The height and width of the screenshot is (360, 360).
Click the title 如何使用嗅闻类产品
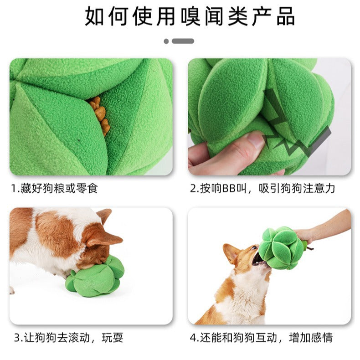pyautogui.click(x=190, y=17)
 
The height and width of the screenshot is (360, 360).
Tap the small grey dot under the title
pyautogui.click(x=166, y=41)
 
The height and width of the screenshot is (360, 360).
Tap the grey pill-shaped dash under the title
pyautogui.click(x=183, y=41)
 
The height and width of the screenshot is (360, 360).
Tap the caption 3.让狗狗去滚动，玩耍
pyautogui.click(x=68, y=338)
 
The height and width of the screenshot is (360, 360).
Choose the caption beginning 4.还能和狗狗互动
pyautogui.click(x=261, y=338)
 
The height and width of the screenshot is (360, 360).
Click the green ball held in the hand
pyautogui.click(x=281, y=248)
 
